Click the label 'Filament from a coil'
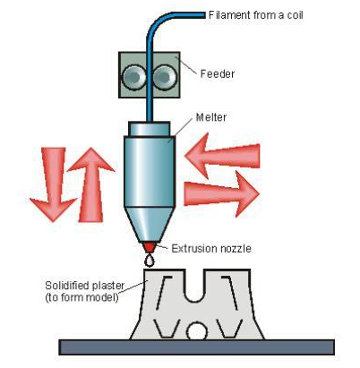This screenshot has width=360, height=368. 256,15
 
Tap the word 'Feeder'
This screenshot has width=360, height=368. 218,73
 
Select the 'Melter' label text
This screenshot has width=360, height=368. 211,117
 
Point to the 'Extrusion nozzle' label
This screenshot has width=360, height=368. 211,248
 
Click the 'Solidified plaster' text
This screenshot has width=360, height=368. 84,286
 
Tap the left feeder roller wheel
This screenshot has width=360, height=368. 133,78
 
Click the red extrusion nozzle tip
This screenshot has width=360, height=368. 150,247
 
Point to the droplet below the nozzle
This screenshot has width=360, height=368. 150,261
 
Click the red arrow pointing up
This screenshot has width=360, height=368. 91,185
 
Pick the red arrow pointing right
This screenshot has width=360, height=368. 221,193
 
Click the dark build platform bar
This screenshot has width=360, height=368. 196,347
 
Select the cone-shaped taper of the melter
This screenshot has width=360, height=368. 150,225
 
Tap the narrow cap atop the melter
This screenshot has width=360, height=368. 150,129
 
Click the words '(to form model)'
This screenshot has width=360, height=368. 81,297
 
